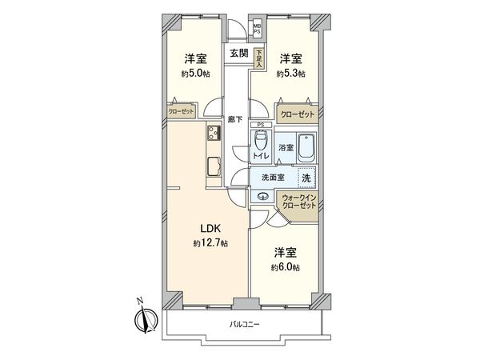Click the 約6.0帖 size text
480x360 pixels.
(x=285, y=266)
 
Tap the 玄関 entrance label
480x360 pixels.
(x=238, y=54)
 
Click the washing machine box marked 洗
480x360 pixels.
(x=307, y=178)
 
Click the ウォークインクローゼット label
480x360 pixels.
(x=298, y=202)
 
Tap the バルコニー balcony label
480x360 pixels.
(x=246, y=324)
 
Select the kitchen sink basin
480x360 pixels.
(x=214, y=166)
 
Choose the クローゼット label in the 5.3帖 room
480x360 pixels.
(x=297, y=114)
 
